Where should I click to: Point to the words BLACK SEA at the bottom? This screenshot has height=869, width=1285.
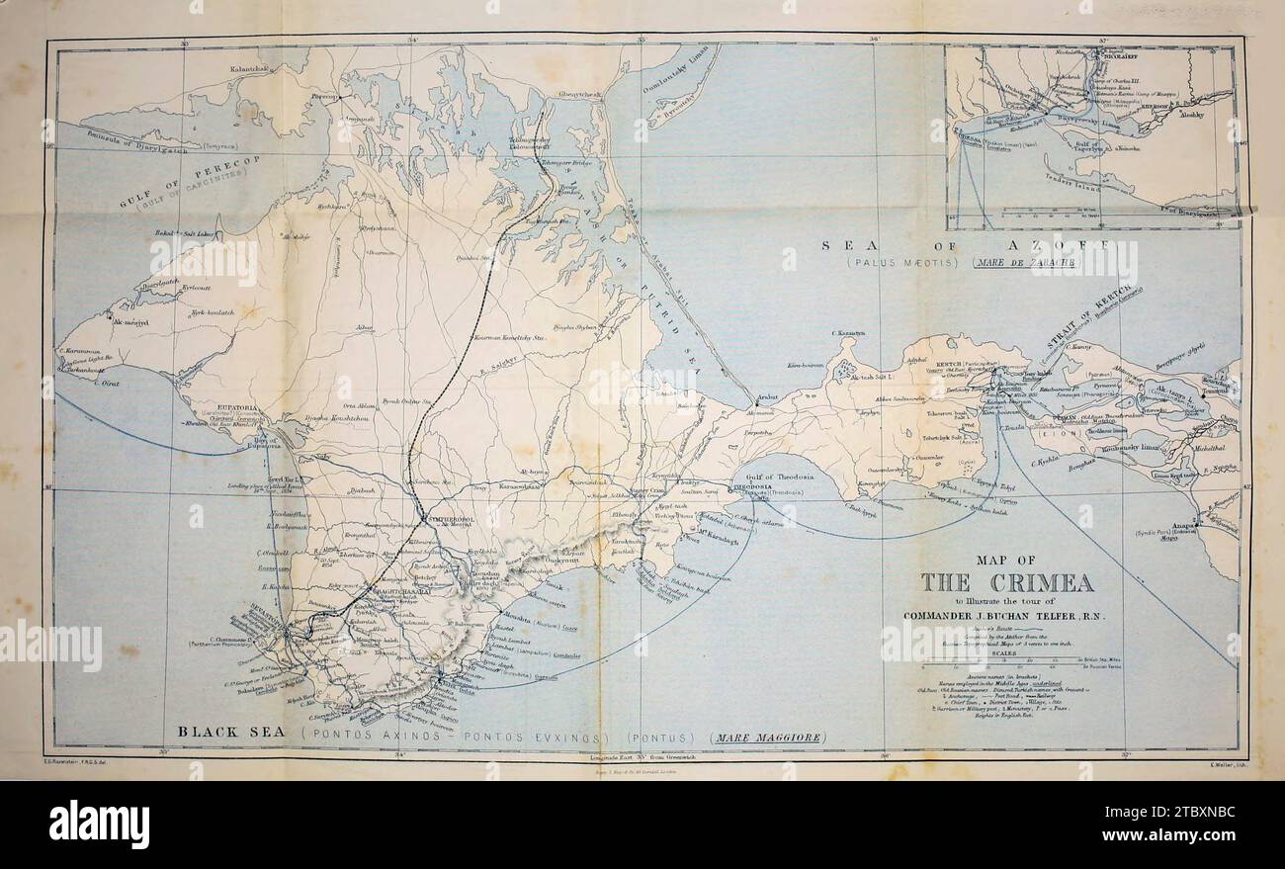[233, 733]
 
